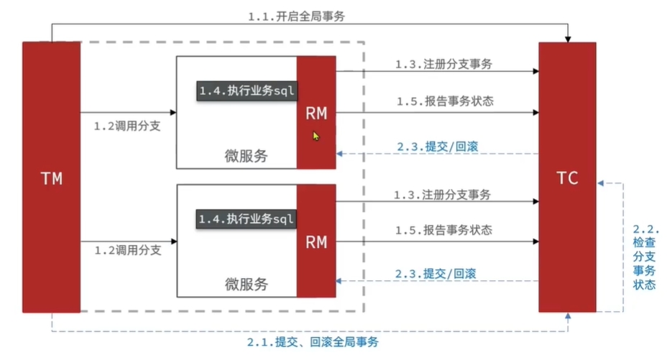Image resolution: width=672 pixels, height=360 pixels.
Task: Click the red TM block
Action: pyautogui.click(x=51, y=177)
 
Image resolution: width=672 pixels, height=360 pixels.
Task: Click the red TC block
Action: pyautogui.click(x=567, y=177)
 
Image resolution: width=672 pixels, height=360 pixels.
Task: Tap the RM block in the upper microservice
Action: pyautogui.click(x=316, y=113)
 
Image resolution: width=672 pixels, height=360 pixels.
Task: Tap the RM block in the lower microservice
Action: pyautogui.click(x=316, y=241)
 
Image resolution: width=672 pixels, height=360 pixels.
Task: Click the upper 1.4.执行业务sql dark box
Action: pyautogui.click(x=247, y=91)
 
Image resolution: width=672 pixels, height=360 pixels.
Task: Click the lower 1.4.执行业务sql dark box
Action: pyautogui.click(x=247, y=218)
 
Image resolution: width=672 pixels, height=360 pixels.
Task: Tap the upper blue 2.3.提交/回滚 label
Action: pyautogui.click(x=437, y=146)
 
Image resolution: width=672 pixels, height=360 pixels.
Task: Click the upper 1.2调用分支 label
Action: pyautogui.click(x=127, y=125)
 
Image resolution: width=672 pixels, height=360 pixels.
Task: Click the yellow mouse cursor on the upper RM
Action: pyautogui.click(x=316, y=135)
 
